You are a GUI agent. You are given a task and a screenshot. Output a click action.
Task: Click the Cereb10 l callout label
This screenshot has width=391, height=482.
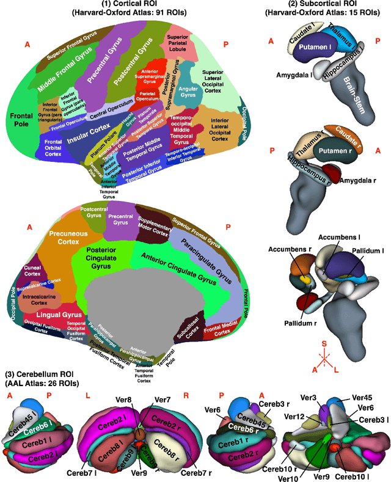point(353,475)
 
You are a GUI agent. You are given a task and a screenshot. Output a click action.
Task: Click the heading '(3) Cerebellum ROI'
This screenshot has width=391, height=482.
point(39,374)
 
